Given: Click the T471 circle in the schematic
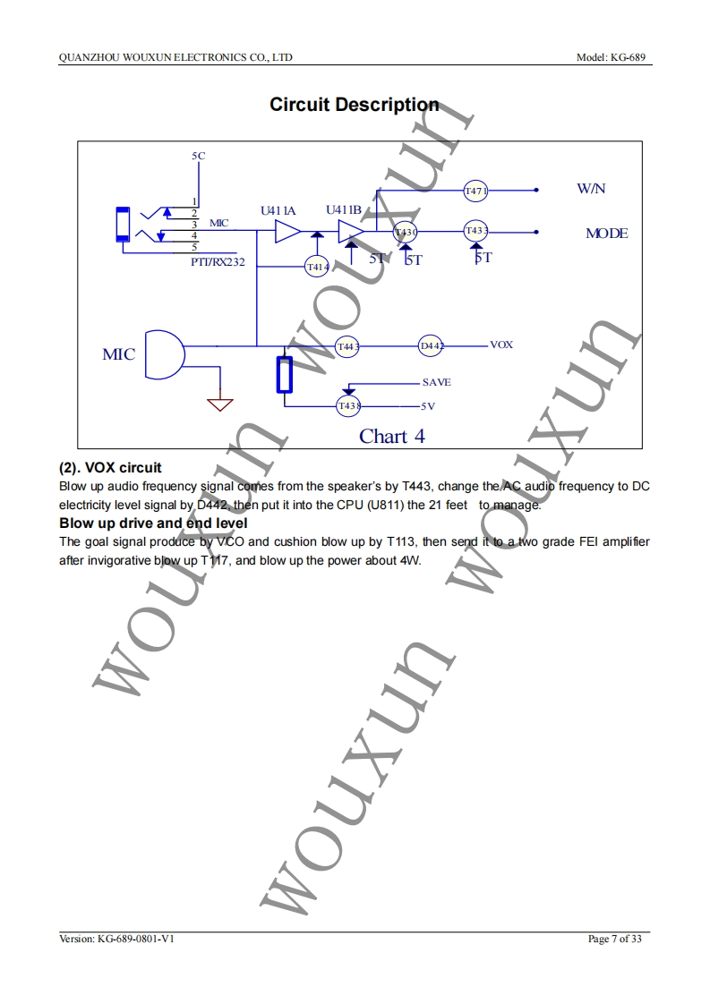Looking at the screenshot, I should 475,191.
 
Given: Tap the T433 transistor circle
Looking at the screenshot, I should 475,231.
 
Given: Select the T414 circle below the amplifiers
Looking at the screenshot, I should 317,266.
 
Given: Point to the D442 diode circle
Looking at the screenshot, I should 432,345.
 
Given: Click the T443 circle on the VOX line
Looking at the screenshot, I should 347,345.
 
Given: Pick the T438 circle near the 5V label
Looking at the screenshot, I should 347,405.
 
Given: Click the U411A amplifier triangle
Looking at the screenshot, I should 287,232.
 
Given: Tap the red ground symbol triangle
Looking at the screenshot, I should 220,404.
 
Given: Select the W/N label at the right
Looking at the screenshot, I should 591,189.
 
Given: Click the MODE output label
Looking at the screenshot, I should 606,234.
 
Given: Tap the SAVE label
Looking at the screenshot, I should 436,382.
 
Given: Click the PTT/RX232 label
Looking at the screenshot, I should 218,262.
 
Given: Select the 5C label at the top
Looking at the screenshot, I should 199,156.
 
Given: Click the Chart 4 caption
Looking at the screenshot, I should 392,437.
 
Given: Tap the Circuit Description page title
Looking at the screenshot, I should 355,105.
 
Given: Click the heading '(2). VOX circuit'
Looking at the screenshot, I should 110,468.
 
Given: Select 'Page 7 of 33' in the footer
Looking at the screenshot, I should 615,939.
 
